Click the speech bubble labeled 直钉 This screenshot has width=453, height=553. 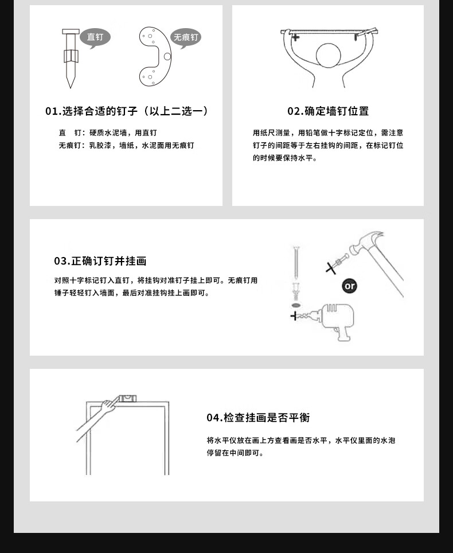[x=95, y=37]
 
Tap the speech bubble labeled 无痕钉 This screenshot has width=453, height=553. [x=185, y=37]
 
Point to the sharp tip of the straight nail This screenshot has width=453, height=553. [x=70, y=87]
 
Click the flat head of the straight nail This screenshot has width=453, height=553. [x=71, y=32]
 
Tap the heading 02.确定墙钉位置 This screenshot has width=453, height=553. [x=328, y=111]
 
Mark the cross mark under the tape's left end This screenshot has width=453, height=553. [x=295, y=37]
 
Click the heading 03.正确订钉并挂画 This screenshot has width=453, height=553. [x=100, y=261]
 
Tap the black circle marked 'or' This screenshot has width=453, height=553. [x=349, y=286]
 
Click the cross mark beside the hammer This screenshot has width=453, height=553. [x=331, y=268]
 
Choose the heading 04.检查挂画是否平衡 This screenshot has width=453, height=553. [x=259, y=418]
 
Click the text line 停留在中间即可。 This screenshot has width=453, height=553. [x=235, y=453]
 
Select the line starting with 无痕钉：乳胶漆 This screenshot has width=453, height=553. [x=127, y=145]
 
